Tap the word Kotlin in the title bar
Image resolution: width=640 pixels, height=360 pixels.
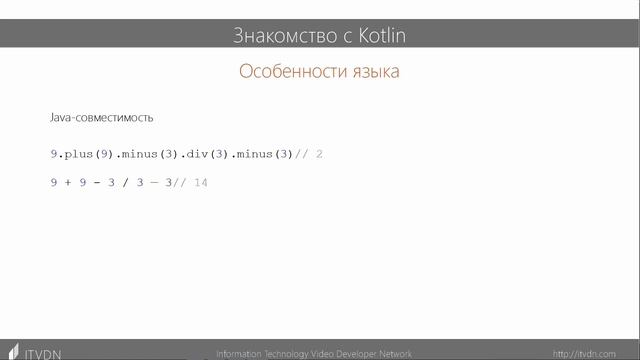[382, 36]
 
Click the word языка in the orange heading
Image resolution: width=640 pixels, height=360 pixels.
[371, 72]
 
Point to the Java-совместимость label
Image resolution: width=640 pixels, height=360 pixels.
[101, 117]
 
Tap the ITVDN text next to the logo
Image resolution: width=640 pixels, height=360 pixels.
[42, 353]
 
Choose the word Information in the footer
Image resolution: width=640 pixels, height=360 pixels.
[241, 353]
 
